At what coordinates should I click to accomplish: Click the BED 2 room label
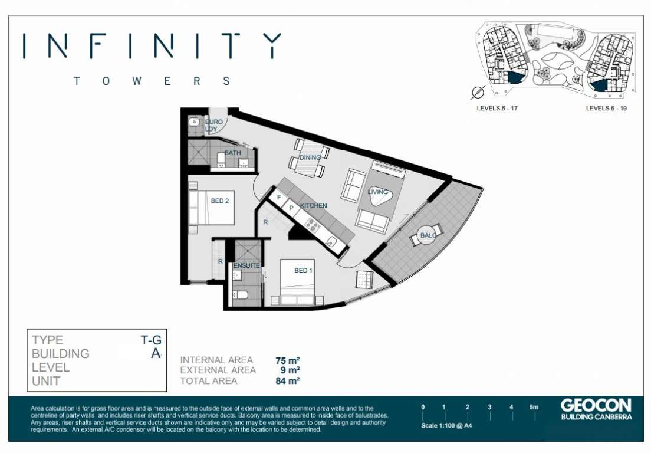click(219, 201)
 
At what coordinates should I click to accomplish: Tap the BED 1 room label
click(304, 270)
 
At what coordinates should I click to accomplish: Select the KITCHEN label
click(314, 205)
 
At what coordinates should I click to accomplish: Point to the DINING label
click(310, 157)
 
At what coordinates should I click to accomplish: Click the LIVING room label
click(378, 192)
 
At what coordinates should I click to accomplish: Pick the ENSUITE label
click(246, 265)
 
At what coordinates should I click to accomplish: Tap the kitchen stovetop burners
click(312, 225)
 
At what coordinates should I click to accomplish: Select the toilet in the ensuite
click(241, 296)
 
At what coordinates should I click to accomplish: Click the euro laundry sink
click(194, 123)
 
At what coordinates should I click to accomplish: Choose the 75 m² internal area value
click(288, 360)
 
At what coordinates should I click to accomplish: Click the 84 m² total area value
click(288, 381)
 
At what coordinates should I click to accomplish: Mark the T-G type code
click(151, 340)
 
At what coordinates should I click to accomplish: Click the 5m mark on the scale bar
click(534, 407)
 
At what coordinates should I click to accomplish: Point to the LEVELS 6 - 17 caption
click(497, 109)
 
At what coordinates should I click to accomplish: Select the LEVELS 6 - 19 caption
click(606, 109)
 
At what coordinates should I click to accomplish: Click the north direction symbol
click(478, 92)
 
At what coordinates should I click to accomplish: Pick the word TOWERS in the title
click(152, 81)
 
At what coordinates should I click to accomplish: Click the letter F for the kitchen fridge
click(279, 197)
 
